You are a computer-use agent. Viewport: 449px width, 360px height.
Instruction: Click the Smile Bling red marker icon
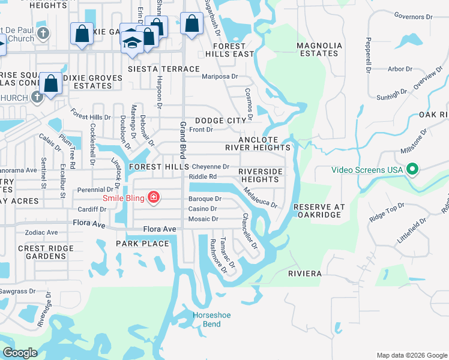[x=154, y=197]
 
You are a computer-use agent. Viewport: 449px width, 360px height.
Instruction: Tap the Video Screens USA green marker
[x=412, y=170]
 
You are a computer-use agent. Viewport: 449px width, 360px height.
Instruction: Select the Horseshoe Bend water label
[x=211, y=320]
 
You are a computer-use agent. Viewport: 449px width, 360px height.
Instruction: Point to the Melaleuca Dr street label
[x=261, y=197]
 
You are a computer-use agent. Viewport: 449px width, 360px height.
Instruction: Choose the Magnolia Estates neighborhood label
[x=319, y=49]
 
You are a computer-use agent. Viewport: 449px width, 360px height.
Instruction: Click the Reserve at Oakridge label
[x=319, y=211]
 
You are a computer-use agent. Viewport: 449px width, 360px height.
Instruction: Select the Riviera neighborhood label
[x=305, y=274]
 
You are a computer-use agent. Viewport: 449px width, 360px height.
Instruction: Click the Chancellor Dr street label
[x=250, y=231]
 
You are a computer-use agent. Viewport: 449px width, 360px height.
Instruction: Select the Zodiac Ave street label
[x=41, y=232]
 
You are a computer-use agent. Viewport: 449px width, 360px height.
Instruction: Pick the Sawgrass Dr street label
[x=18, y=291]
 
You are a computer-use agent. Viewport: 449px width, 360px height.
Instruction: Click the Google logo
[x=20, y=353]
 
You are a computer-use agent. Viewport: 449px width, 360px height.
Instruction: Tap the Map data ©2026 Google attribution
[x=411, y=355]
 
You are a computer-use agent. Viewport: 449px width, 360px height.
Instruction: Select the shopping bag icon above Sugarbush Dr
[x=191, y=25]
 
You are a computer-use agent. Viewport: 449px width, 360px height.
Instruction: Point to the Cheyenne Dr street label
[x=209, y=166]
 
